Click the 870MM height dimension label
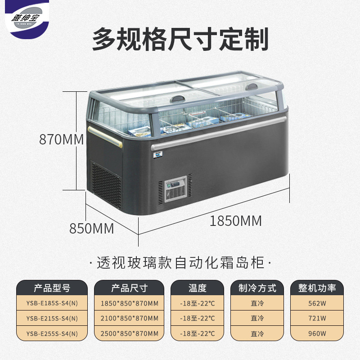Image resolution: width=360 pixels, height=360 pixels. [62, 139]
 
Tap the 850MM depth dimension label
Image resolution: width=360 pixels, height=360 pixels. [91, 228]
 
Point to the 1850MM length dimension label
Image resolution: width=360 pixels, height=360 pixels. [236, 221]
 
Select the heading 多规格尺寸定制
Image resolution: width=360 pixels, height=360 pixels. [180, 39]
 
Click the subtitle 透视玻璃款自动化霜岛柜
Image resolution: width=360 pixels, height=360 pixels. [180, 263]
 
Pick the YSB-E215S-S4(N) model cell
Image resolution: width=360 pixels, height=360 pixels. [52, 318]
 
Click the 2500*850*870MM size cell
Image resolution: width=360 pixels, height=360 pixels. [129, 333]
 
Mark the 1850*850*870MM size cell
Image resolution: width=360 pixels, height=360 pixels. [129, 303]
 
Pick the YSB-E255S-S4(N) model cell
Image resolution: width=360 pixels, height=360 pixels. [52, 333]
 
